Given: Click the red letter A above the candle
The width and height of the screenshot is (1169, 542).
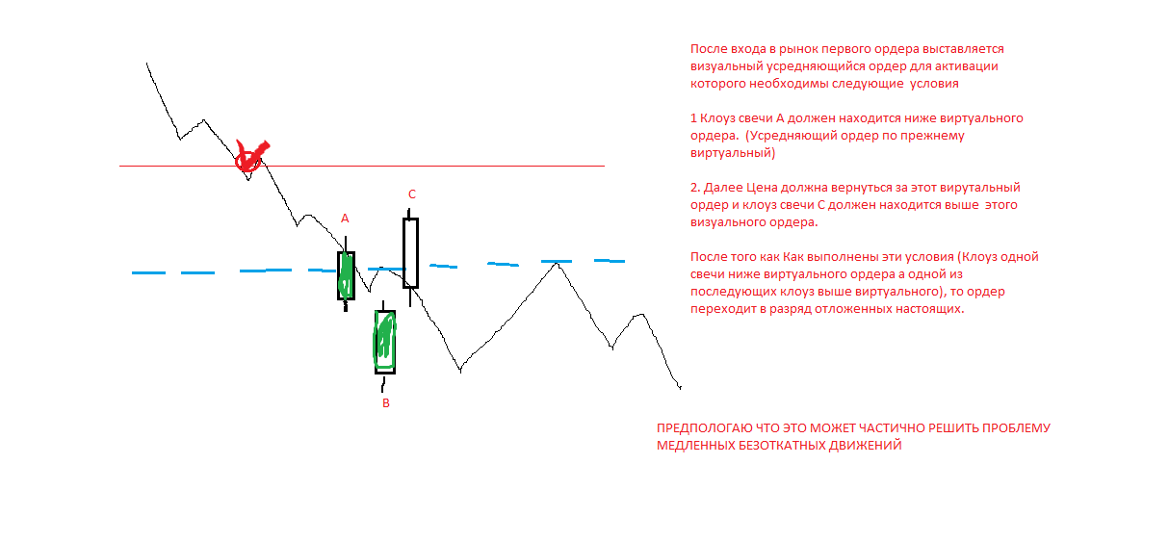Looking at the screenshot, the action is (x=345, y=219).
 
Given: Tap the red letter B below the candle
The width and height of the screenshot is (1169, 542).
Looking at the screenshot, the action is (x=386, y=403).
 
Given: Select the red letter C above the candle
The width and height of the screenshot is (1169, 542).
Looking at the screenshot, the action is (x=412, y=194).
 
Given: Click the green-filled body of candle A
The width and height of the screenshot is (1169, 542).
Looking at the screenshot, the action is (x=346, y=275).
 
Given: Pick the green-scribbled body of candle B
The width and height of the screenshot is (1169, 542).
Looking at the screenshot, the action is (x=385, y=342).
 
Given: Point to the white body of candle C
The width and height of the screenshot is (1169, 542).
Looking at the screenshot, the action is (x=411, y=253).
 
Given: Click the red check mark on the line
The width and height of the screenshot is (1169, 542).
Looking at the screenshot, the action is (x=251, y=156).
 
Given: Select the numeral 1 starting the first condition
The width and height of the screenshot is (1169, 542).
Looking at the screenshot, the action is (x=693, y=118).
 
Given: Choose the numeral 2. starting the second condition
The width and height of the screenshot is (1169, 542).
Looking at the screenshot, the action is (x=695, y=188).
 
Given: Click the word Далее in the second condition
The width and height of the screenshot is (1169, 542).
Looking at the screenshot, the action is (x=723, y=188).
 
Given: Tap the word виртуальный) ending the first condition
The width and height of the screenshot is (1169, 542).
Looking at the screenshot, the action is (x=733, y=153).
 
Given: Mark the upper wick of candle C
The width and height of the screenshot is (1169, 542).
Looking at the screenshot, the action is (x=409, y=214).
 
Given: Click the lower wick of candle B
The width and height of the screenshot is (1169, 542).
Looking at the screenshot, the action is (x=383, y=383).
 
